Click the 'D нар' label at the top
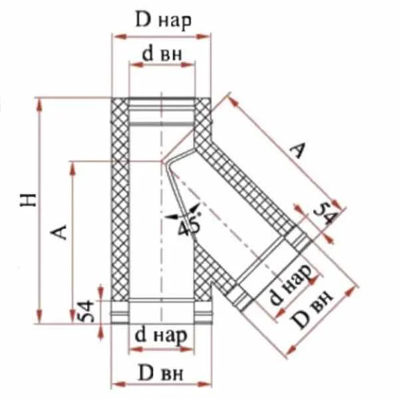(163, 21)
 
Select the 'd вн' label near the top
(162, 54)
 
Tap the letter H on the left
(29, 200)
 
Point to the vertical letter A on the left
(59, 232)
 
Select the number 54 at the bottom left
(86, 311)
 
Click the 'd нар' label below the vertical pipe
(161, 336)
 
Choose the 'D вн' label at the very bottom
(160, 374)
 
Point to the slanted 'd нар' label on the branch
(290, 284)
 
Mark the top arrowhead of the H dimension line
(39, 105)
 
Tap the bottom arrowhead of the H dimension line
(39, 317)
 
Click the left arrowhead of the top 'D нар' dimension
(120, 37)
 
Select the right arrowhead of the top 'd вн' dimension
(188, 65)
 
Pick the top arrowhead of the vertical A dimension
(73, 168)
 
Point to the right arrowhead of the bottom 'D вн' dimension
(204, 384)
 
